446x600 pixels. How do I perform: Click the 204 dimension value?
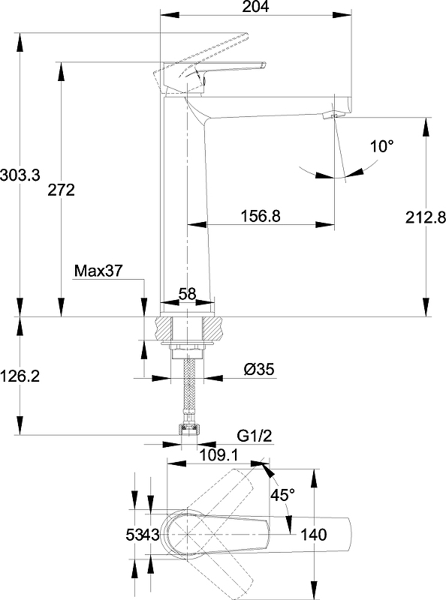coord(255,7)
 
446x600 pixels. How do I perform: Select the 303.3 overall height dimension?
coord(20,175)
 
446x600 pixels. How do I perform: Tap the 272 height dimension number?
coord(61,190)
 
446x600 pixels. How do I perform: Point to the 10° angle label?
coord(381,146)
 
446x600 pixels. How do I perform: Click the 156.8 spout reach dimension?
coord(260,216)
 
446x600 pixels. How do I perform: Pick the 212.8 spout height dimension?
coord(426,217)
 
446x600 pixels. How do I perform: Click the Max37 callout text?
coord(98,271)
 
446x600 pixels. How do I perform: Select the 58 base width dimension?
coord(188,294)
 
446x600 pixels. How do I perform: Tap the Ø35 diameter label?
coord(259,369)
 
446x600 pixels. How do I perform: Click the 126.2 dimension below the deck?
coord(20,376)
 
